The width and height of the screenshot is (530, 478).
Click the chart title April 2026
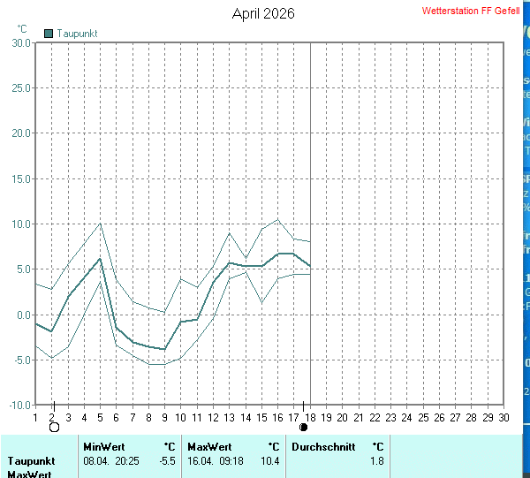click(x=263, y=13)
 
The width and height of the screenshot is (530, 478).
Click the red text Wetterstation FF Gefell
click(x=471, y=11)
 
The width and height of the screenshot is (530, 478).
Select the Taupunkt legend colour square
click(x=49, y=33)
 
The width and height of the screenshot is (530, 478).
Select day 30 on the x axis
click(x=503, y=417)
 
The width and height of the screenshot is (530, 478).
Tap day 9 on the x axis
click(x=164, y=417)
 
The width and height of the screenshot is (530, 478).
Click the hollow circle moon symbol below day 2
click(x=54, y=428)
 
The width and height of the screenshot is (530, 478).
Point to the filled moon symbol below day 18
click(x=304, y=428)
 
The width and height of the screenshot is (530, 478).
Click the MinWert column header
click(x=102, y=447)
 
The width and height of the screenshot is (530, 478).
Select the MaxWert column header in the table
click(x=209, y=447)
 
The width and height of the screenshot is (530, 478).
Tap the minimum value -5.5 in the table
click(x=167, y=461)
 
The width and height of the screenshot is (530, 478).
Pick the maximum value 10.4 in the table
click(x=270, y=461)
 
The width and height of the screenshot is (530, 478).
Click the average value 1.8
click(x=377, y=461)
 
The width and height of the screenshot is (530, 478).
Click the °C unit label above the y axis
click(x=22, y=28)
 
